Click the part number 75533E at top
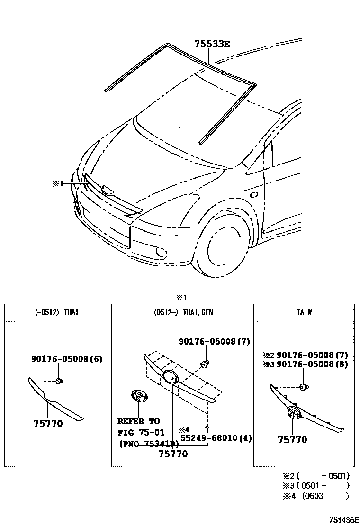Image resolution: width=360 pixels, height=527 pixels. (x=212, y=45)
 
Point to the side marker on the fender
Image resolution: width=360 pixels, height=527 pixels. (x=252, y=194)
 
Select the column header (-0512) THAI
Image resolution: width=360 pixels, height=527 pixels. (x=57, y=313)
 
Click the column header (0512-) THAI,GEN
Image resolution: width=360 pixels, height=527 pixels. (x=183, y=313)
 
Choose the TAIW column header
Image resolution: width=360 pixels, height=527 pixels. (x=303, y=313)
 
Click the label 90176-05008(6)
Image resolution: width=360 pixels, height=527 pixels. (x=67, y=359)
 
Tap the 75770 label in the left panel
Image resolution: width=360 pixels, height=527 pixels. (x=48, y=424)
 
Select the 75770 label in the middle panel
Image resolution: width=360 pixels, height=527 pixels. (x=172, y=454)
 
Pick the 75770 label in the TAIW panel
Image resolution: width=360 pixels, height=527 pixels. (x=292, y=440)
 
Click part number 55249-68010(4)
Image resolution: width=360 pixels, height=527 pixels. (x=215, y=437)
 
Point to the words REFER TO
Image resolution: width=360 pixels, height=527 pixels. (x=138, y=421)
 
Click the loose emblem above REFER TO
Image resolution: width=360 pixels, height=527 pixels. (x=137, y=397)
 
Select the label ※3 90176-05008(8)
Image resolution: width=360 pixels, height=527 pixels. (x=306, y=364)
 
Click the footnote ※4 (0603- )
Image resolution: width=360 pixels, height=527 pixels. (x=315, y=496)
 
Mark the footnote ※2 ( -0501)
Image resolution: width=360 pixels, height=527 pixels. (x=315, y=475)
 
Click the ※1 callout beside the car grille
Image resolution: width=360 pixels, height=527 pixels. (x=57, y=183)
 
